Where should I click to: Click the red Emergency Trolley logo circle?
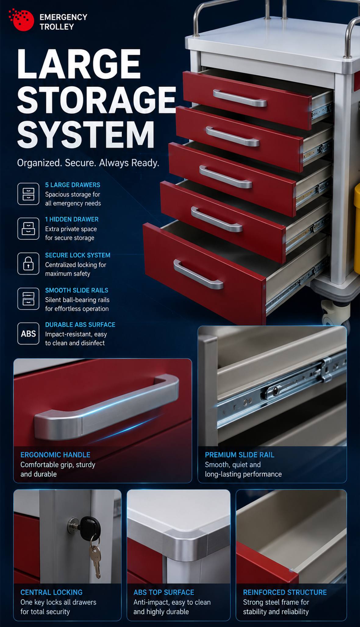pos(23,20)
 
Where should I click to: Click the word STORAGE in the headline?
pos(97,100)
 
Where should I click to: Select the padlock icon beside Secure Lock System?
pos(28,264)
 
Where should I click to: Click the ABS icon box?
pos(28,334)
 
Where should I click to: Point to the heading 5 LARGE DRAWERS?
pos(73,185)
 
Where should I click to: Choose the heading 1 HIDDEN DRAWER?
pos(72,219)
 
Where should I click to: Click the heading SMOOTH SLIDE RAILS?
pos(77,290)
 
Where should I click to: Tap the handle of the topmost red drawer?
pos(240,98)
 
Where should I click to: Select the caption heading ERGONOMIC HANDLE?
pos(55,455)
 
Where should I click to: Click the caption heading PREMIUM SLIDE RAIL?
pos(240,455)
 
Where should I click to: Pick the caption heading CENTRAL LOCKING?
pos(51,592)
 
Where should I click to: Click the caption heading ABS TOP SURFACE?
pos(164,592)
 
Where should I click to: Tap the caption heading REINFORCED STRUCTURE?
pos(285,592)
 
